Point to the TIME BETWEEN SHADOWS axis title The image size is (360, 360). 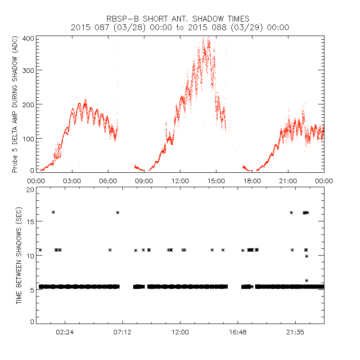click(19, 256)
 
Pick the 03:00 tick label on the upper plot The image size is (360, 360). click(72, 180)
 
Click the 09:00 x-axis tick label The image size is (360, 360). click(144, 180)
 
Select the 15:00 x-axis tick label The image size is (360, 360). click(216, 180)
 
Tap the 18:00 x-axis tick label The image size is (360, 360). click(252, 180)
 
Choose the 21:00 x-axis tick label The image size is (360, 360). click(288, 180)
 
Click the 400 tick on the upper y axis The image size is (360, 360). click(27, 39)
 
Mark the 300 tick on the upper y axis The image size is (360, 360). click(27, 70)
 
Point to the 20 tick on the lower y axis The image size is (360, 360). click(30, 189)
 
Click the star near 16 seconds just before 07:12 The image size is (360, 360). click(118, 212)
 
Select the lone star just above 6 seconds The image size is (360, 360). click(307, 280)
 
